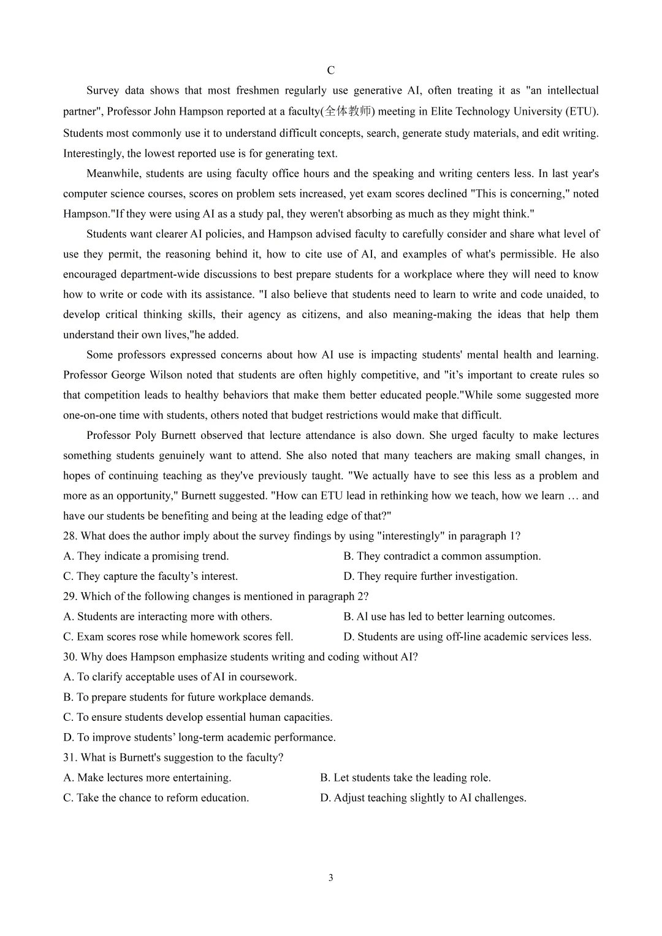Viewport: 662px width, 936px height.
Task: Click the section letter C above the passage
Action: [x=331, y=70]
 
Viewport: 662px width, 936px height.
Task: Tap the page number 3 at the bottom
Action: [x=331, y=878]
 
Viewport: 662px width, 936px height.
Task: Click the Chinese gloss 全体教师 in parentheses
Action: [x=348, y=112]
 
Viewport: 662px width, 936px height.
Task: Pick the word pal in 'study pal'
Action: [x=286, y=214]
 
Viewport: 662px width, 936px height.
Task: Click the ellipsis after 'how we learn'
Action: [x=573, y=496]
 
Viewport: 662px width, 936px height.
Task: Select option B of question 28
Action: [x=442, y=557]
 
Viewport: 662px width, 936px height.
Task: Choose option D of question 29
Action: [x=468, y=637]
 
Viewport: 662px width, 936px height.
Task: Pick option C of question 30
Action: [x=197, y=717]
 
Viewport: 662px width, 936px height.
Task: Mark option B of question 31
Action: [x=405, y=778]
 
